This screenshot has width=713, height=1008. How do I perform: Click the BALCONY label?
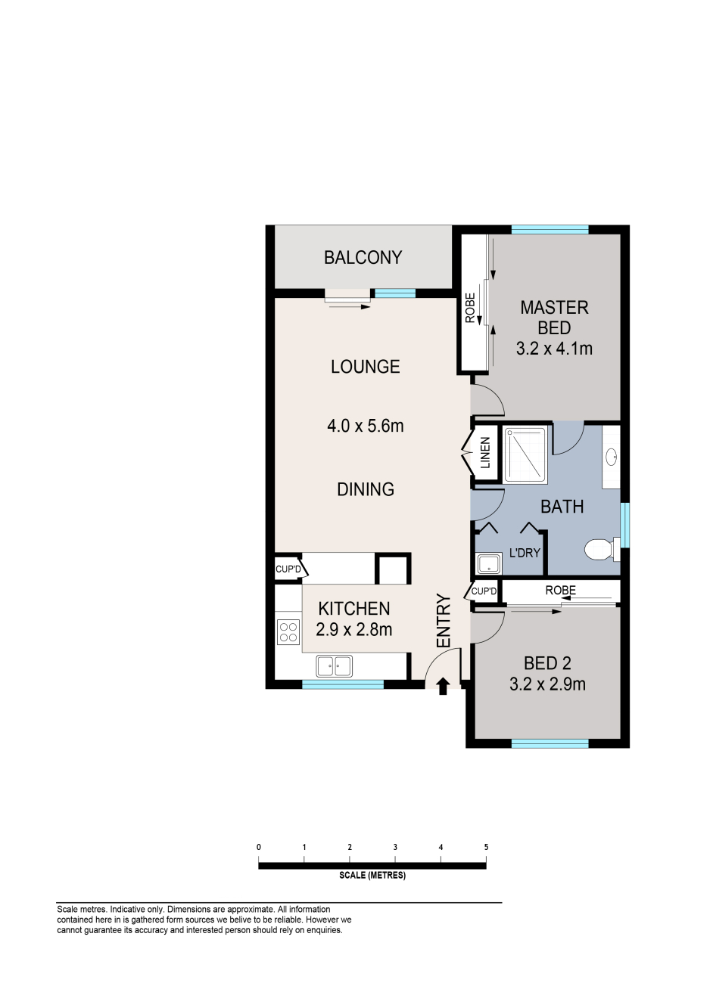363,257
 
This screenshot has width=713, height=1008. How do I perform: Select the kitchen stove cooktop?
288,632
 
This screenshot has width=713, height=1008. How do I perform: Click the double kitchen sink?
335,666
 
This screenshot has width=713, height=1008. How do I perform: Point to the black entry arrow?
444,687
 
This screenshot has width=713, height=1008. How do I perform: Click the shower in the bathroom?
525,455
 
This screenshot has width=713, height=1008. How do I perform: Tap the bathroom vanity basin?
612,457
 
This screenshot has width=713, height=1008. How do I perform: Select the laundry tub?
487,564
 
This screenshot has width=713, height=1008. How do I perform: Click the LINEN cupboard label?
485,453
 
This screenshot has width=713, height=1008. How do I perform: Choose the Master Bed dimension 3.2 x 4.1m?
554,349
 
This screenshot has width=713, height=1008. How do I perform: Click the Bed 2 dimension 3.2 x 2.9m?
547,684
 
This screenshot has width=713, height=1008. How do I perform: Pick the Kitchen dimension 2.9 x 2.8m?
353,630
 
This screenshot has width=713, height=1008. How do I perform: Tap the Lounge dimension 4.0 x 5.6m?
366,426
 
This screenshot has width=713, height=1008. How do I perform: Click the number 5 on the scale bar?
486,847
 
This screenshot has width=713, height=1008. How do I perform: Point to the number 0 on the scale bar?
259,847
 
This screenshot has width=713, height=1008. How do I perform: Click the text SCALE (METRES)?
372,875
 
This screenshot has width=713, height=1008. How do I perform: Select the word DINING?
366,489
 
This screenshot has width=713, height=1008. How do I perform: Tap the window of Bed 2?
550,743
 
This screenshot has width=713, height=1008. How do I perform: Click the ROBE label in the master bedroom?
470,308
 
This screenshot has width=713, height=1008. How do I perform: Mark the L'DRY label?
525,553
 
